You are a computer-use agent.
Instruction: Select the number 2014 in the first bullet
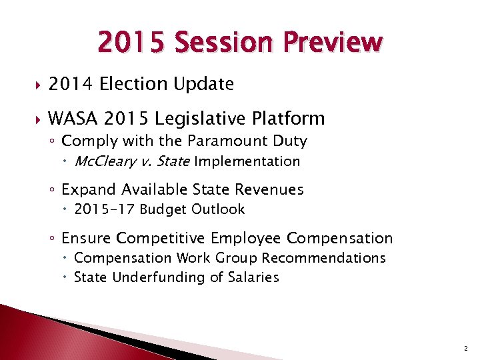(69, 84)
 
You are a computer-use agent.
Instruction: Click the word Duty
(290, 141)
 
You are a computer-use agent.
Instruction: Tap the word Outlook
(218, 209)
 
